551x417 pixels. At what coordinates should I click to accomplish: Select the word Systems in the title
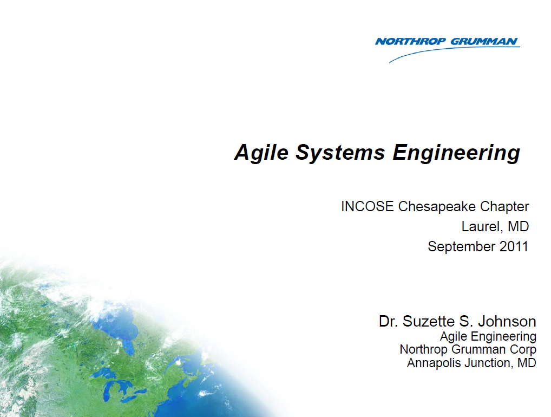point(340,153)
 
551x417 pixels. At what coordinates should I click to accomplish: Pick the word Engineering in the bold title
point(456,153)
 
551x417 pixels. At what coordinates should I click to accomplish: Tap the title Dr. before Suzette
point(388,321)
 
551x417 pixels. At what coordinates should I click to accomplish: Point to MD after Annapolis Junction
point(526,363)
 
